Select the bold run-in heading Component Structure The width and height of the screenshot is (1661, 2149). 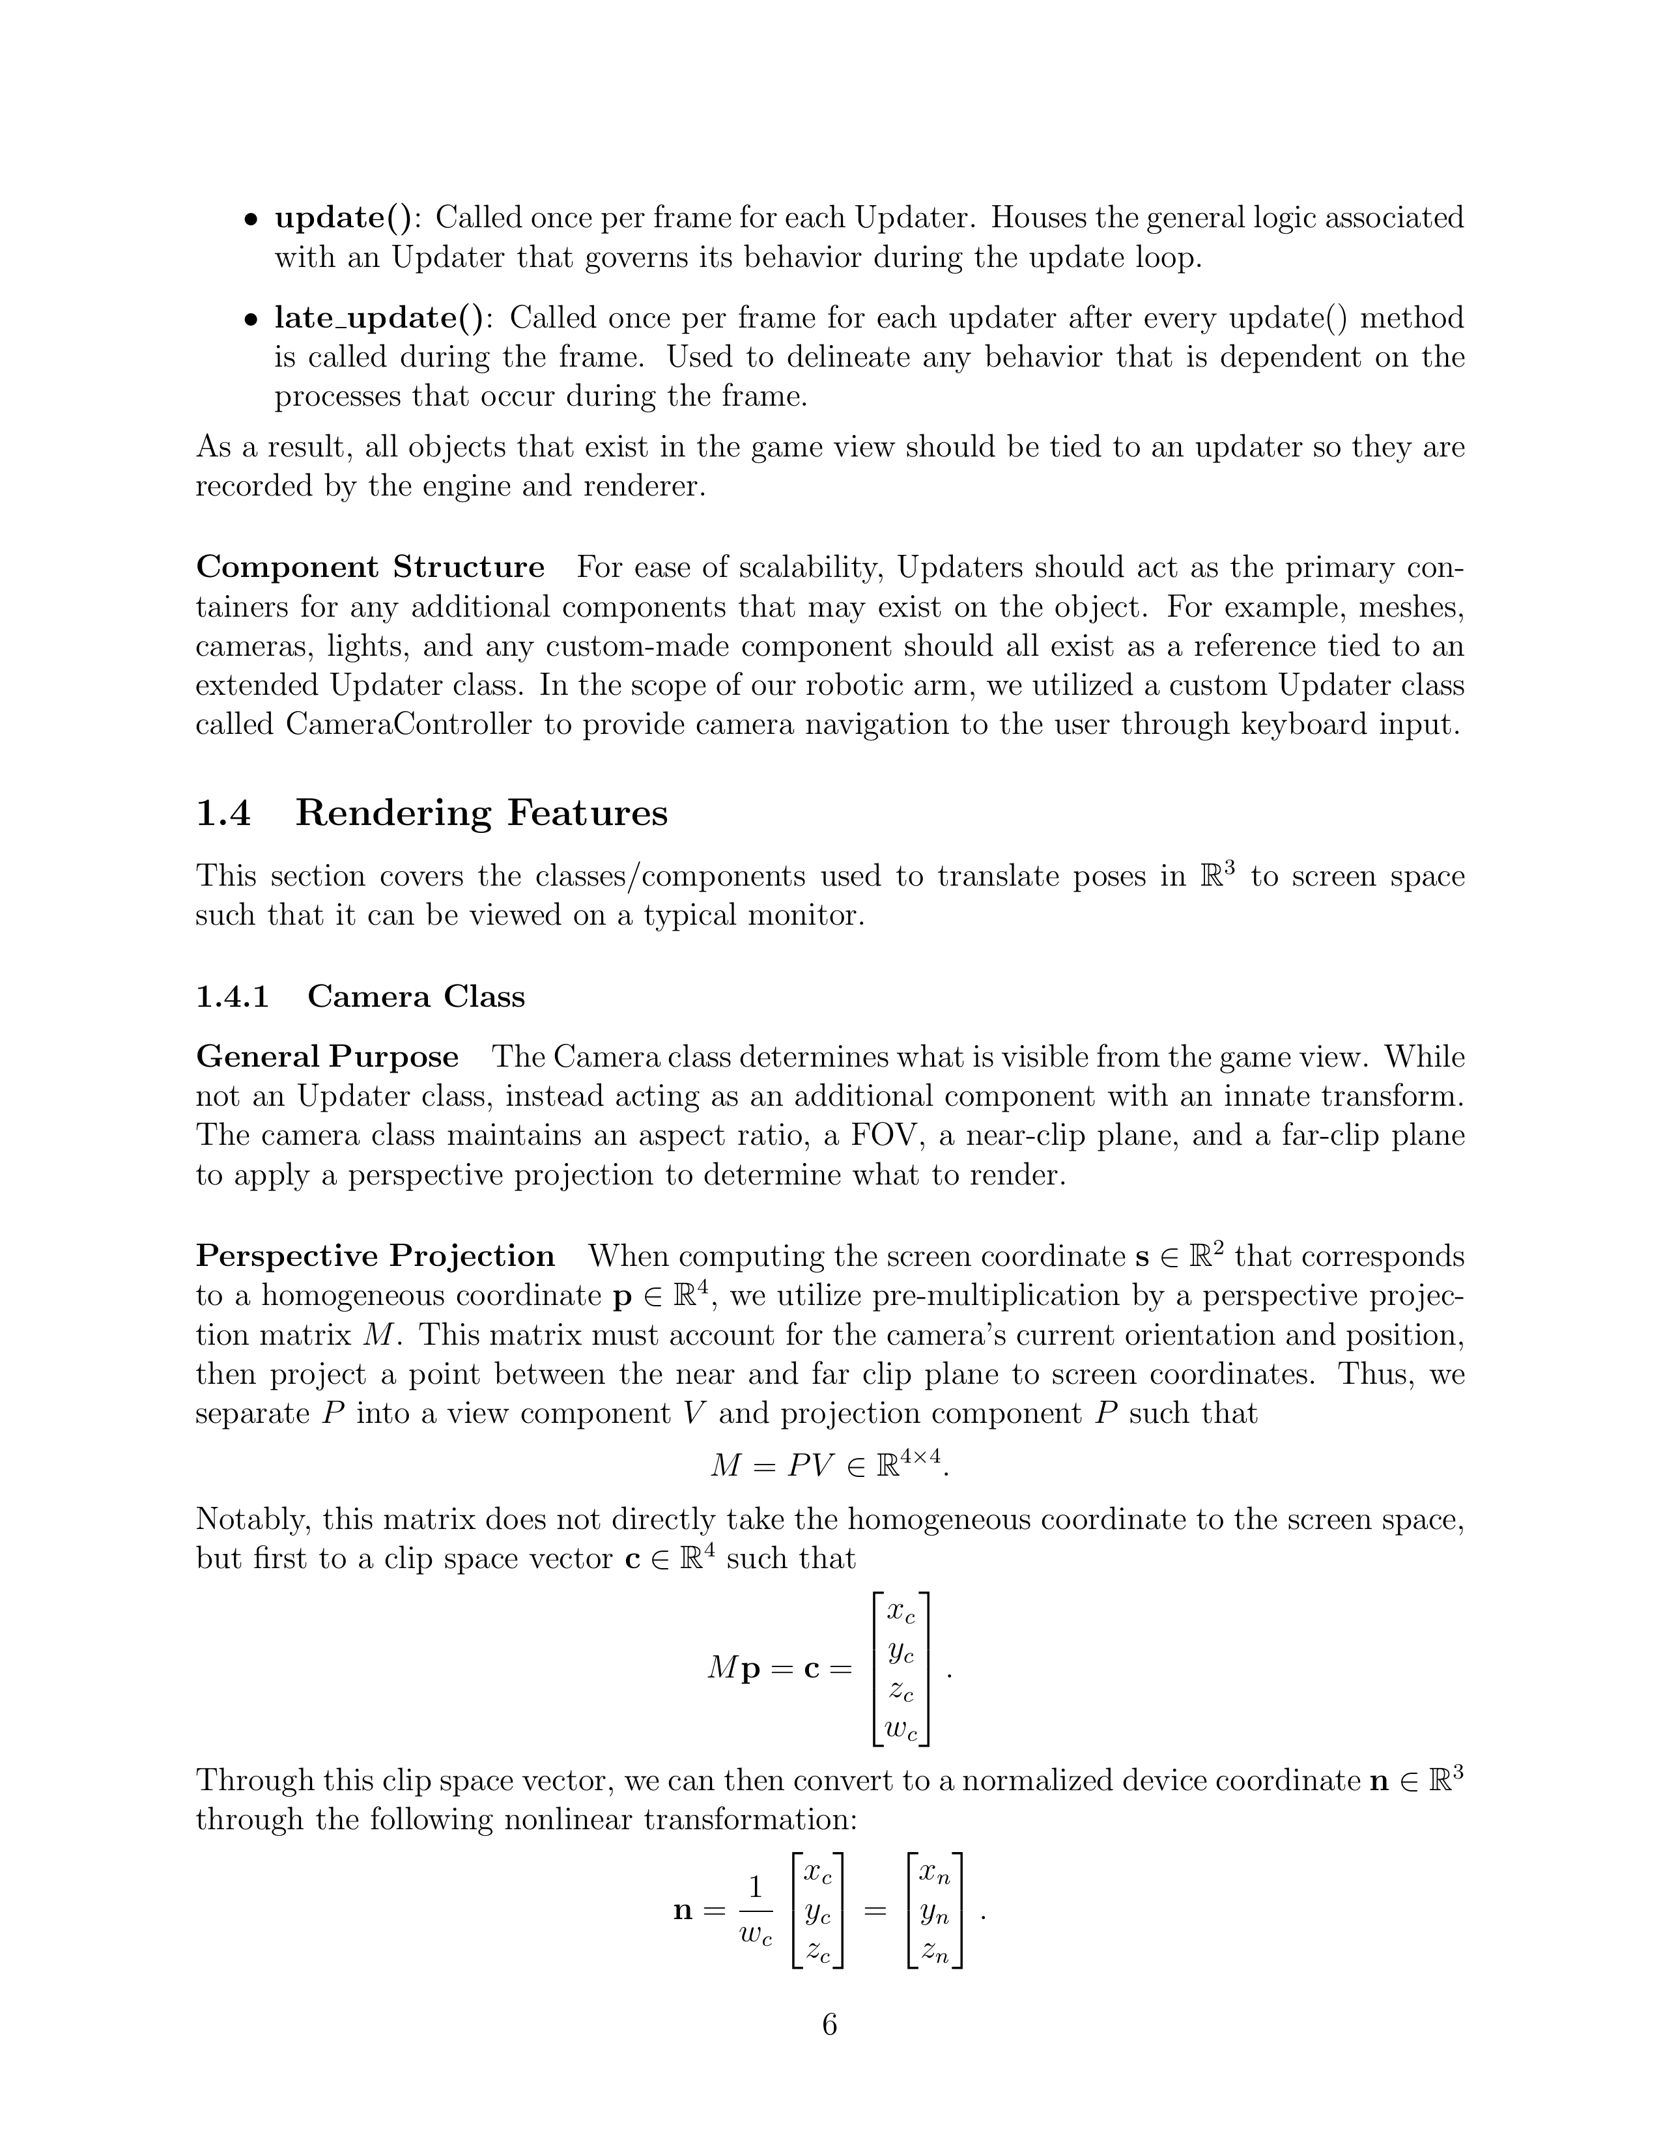point(370,568)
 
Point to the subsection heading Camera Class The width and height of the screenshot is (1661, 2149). point(416,997)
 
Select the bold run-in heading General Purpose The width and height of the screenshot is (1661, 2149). point(328,1057)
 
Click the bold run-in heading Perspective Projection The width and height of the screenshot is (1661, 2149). point(375,1257)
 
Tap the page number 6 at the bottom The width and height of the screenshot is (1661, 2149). point(829,2025)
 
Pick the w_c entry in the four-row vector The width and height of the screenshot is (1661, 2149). point(901,1732)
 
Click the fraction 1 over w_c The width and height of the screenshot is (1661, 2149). point(756,1912)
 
